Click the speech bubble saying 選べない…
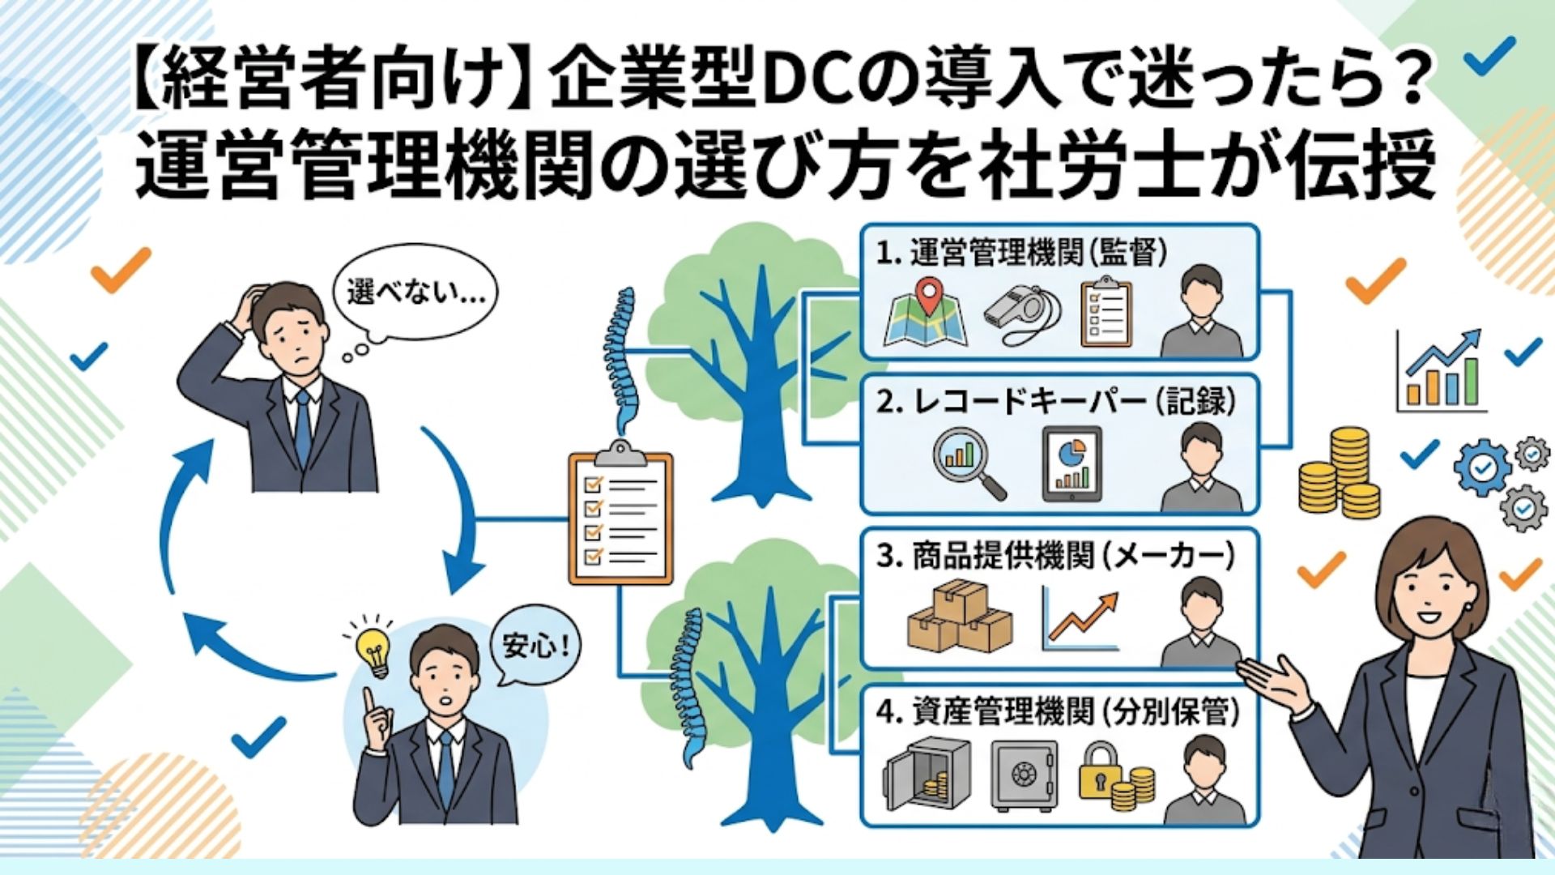click(x=415, y=292)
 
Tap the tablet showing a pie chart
click(x=1071, y=464)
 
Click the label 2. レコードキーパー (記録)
click(x=1056, y=402)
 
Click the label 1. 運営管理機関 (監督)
click(x=1021, y=253)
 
